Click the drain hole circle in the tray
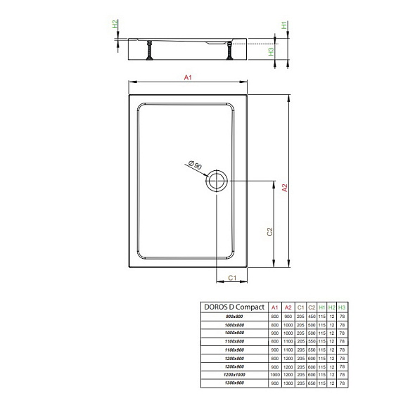216,181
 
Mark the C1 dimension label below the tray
231,279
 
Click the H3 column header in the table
342,307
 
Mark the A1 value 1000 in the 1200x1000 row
275,375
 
